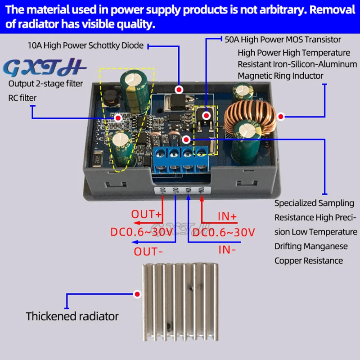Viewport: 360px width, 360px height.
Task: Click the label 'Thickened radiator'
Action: [x=72, y=316]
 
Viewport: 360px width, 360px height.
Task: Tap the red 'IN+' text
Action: [x=227, y=217]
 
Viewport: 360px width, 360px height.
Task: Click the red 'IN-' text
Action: [x=227, y=249]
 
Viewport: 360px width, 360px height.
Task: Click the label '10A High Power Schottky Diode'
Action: [x=85, y=45]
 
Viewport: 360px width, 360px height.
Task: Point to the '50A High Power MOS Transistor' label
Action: [x=283, y=40]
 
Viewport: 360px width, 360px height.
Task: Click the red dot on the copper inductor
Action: [x=281, y=117]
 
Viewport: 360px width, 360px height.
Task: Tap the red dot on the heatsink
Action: [x=138, y=294]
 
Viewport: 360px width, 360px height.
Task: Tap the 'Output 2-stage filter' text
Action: [x=45, y=84]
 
